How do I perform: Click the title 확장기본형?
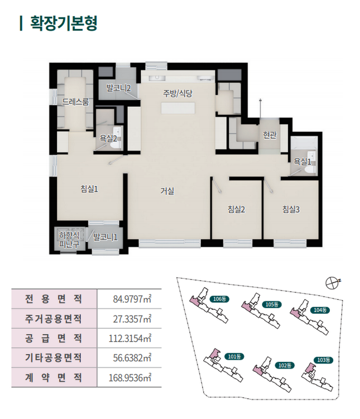(64, 23)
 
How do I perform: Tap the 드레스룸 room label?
(76, 102)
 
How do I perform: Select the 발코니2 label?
(119, 88)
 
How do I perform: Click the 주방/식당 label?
(178, 93)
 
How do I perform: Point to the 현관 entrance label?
(269, 135)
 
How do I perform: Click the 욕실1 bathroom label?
(302, 162)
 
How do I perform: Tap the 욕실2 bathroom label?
(108, 138)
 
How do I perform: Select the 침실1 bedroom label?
(89, 189)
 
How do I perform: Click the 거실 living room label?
(167, 191)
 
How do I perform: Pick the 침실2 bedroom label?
(236, 209)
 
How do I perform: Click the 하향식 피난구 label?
(69, 240)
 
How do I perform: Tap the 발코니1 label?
(105, 237)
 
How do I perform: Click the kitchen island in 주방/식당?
(178, 108)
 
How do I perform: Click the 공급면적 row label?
(54, 338)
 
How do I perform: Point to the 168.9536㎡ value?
(130, 378)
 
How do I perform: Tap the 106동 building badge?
(219, 299)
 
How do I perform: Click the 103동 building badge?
(323, 360)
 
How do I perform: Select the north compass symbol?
(332, 283)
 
